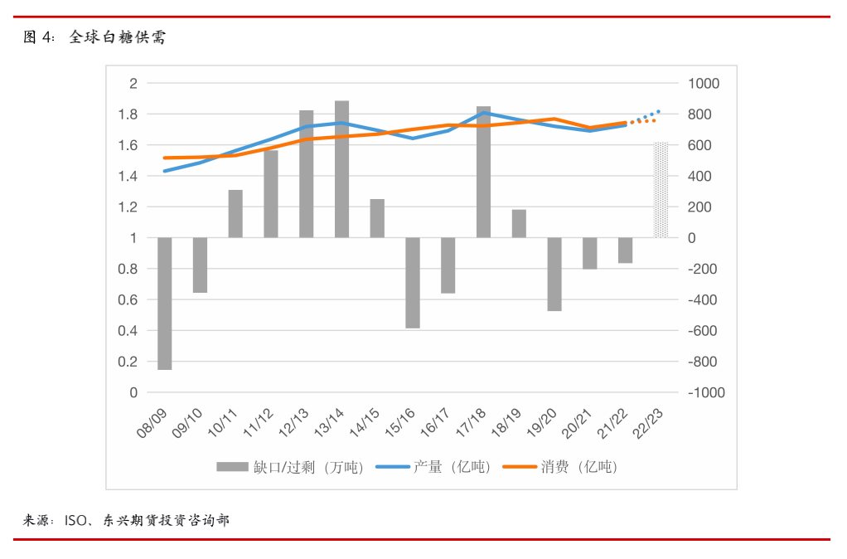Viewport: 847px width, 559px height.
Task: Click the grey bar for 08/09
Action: pos(164,304)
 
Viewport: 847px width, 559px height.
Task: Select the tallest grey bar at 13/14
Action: pos(341,169)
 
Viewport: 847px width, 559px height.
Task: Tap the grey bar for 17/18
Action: pos(483,172)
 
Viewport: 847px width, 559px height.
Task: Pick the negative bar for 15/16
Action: pos(412,283)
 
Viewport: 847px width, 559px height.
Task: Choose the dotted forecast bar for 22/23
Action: pos(661,190)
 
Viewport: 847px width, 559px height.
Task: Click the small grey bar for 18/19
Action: pos(519,224)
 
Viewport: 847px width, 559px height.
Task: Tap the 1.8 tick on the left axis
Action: pos(128,114)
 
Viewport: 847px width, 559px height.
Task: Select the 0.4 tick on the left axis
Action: pos(128,331)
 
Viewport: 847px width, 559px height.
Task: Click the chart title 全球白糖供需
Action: pos(117,36)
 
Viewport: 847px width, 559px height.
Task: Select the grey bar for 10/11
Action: pos(235,214)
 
